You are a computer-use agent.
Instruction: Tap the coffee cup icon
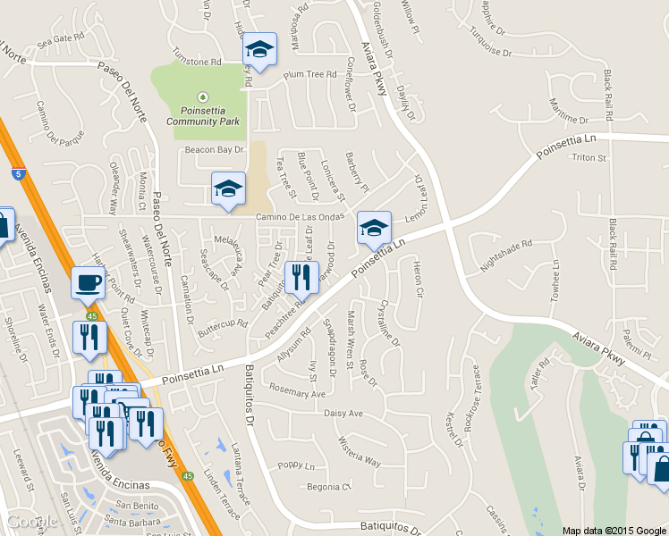click(x=87, y=282)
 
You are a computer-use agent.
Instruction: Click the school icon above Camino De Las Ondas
click(x=228, y=188)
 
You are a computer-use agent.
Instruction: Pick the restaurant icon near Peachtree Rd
click(x=301, y=278)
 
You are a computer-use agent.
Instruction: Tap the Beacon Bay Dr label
click(x=214, y=150)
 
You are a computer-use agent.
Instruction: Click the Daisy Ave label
click(x=343, y=414)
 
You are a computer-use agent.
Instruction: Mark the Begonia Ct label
click(x=329, y=487)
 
